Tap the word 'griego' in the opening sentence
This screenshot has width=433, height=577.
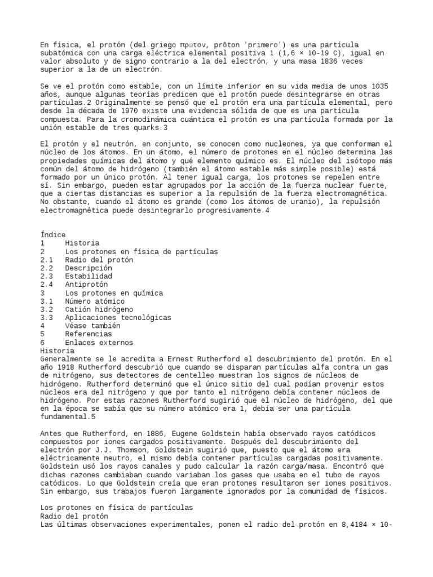pyautogui.click(x=160, y=45)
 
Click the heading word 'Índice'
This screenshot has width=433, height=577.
pyautogui.click(x=54, y=235)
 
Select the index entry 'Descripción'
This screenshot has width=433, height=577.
pyautogui.click(x=89, y=268)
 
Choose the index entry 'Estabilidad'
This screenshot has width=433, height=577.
pyautogui.click(x=89, y=276)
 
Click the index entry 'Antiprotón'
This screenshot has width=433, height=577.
pyautogui.click(x=86, y=285)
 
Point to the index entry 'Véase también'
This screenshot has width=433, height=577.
pyautogui.click(x=93, y=326)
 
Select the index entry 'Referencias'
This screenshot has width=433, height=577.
pyautogui.click(x=89, y=334)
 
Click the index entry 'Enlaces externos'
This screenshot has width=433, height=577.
pyautogui.click(x=99, y=343)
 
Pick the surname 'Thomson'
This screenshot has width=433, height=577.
pyautogui.click(x=112, y=450)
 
